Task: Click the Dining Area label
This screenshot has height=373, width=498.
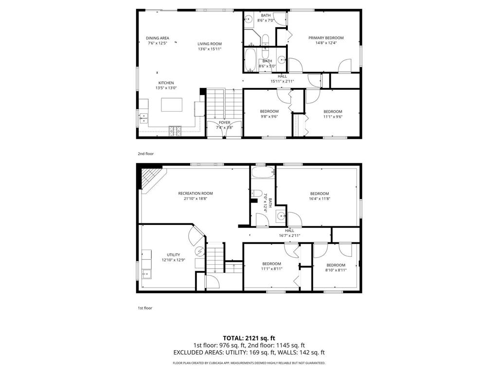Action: pos(158,38)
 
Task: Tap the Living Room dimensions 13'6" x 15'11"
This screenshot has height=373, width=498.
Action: pos(210,49)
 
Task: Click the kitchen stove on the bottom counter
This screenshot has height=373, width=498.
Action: pos(175,130)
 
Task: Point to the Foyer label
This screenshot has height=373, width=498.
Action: pos(224,122)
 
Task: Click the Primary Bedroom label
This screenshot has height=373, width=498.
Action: pos(326,38)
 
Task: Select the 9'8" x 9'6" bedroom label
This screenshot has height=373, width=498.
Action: pos(269,117)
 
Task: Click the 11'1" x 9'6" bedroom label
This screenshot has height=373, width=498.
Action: pos(333,117)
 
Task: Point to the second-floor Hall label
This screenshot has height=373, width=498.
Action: pos(282,76)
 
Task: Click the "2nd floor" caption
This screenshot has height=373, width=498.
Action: pos(145,153)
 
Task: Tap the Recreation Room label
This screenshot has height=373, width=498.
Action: pos(195,193)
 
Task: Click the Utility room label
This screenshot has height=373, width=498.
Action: pos(174,254)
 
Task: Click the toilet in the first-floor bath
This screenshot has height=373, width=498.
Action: pos(257,192)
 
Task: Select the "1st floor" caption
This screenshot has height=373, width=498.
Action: pos(145,308)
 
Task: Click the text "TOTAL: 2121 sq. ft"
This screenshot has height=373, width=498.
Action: pos(249,338)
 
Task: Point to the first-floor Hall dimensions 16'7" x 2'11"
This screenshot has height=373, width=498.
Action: pos(289,236)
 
